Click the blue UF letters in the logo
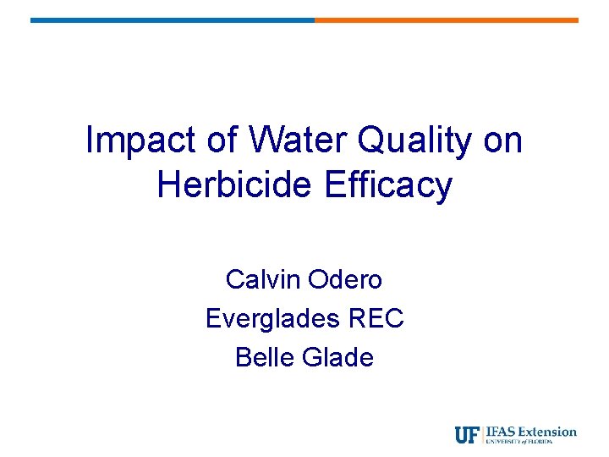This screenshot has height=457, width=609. [x=467, y=435]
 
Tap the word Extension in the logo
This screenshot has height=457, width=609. [x=548, y=432]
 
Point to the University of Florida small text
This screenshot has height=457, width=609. [x=531, y=442]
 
